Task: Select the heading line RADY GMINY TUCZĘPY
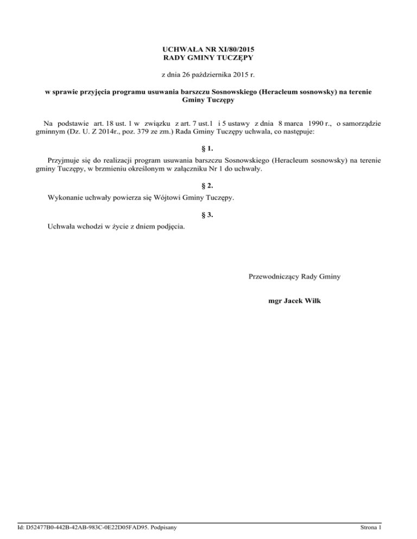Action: pos(208,57)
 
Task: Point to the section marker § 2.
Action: pos(208,185)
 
